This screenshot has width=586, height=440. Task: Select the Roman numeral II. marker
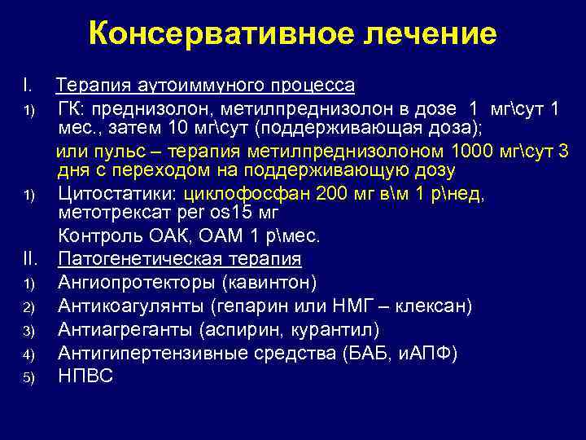tap(31, 259)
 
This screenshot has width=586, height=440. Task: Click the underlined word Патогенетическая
tap(135, 259)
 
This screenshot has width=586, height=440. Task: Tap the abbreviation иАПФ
tap(429, 353)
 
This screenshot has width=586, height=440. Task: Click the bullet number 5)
tap(28, 377)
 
